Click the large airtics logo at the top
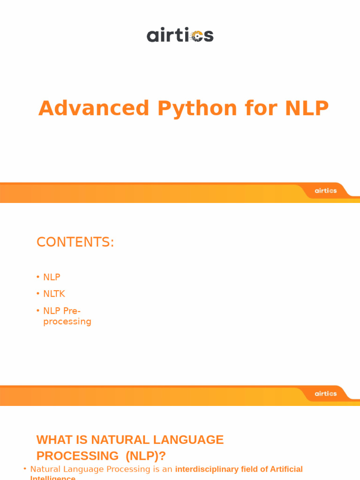[x=180, y=35]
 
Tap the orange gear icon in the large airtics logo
[x=197, y=36]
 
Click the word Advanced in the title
[x=94, y=108]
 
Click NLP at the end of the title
[x=307, y=108]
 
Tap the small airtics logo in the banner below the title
[x=325, y=191]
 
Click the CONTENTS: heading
[x=75, y=242]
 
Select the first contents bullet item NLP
[x=52, y=277]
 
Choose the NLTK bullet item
[x=54, y=294]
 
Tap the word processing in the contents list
[x=67, y=322]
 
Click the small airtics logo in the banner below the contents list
[x=325, y=394]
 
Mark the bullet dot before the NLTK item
[x=38, y=294]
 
